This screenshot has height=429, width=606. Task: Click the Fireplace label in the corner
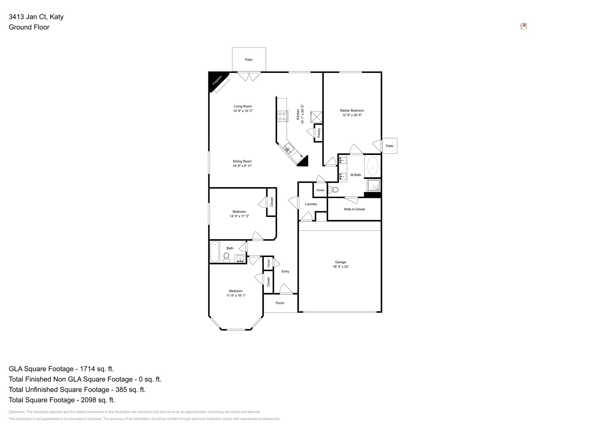pyautogui.click(x=217, y=80)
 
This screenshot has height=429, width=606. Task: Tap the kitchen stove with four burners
pyautogui.click(x=282, y=116)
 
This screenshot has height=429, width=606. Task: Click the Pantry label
pyautogui.click(x=319, y=133)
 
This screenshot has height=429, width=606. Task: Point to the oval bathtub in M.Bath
pyautogui.click(x=373, y=166)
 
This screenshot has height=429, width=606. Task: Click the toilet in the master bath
pyautogui.click(x=334, y=190)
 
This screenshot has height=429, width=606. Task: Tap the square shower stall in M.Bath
pyautogui.click(x=374, y=186)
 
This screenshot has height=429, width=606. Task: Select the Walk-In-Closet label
pyautogui.click(x=354, y=209)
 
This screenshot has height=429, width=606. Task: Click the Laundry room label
pyautogui.click(x=311, y=204)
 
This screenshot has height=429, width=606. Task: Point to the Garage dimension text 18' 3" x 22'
pyautogui.click(x=340, y=267)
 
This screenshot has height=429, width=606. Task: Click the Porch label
pyautogui.click(x=280, y=303)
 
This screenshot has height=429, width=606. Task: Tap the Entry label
pyautogui.click(x=285, y=271)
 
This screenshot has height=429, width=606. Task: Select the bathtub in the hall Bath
pyautogui.click(x=215, y=252)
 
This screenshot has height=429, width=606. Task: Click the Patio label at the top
pyautogui.click(x=249, y=60)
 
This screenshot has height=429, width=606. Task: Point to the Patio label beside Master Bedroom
pyautogui.click(x=389, y=146)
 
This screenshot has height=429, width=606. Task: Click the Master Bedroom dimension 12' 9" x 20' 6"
pyautogui.click(x=352, y=115)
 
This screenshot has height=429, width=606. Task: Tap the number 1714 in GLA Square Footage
pyautogui.click(x=87, y=369)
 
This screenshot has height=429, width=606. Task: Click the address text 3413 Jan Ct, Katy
pyautogui.click(x=36, y=17)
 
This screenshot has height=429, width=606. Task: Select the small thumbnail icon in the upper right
pyautogui.click(x=523, y=26)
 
